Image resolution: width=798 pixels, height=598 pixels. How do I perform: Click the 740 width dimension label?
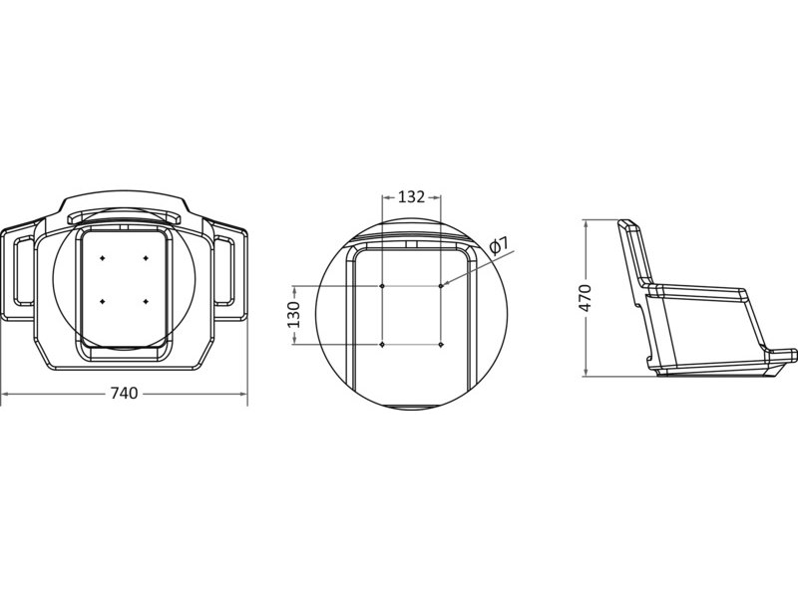click(x=124, y=393)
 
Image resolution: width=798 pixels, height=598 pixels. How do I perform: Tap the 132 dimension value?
click(x=411, y=196)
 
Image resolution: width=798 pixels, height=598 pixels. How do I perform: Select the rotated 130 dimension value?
click(x=294, y=314)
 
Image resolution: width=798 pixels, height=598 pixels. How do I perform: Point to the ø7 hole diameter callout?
click(x=500, y=245)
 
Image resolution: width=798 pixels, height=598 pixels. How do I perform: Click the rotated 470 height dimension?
click(x=586, y=298)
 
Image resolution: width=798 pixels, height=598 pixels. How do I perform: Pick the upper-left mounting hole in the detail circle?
click(x=382, y=286)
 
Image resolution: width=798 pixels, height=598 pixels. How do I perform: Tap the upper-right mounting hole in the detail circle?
click(x=441, y=286)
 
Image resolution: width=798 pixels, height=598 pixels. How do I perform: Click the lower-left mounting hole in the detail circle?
click(x=382, y=345)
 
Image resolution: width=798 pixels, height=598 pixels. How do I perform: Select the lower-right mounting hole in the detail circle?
click(x=441, y=345)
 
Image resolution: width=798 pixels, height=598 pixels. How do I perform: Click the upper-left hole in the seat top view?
click(x=103, y=258)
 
